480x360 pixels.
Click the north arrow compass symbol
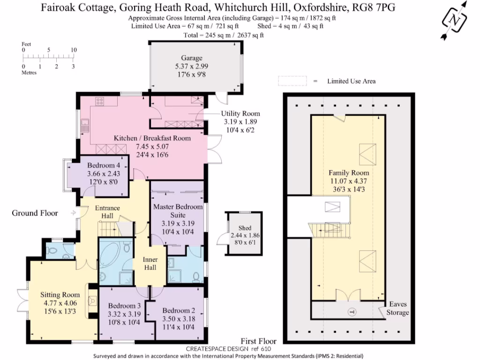pyautogui.click(x=455, y=20)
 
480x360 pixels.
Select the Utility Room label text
pyautogui.click(x=241, y=114)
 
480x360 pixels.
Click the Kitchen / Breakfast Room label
pyautogui.click(x=152, y=138)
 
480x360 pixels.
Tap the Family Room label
pyautogui.click(x=349, y=172)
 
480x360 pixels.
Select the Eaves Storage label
pyautogui.click(x=397, y=308)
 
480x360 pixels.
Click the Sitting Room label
pyautogui.click(x=60, y=295)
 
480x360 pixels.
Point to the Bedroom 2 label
pyautogui.click(x=178, y=310)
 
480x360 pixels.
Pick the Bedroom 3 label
pyautogui.click(x=124, y=306)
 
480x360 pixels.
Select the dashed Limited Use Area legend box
pyautogui.click(x=292, y=81)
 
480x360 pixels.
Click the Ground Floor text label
pyautogui.click(x=35, y=213)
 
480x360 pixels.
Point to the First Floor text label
pyautogui.click(x=258, y=341)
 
